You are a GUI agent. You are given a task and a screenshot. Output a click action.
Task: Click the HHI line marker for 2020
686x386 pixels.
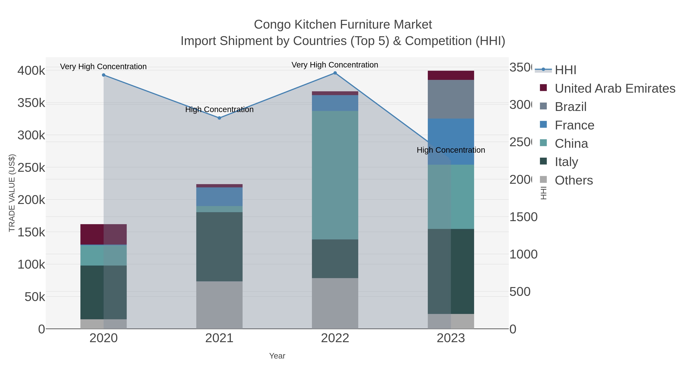[104, 75]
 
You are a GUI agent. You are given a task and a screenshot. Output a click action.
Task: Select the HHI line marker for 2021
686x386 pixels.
[220, 118]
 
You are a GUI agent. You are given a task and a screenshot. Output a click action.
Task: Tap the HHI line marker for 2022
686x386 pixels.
[335, 73]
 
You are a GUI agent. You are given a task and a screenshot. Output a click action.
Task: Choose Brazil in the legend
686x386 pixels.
[570, 107]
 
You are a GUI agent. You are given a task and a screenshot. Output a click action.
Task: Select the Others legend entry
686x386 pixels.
[574, 180]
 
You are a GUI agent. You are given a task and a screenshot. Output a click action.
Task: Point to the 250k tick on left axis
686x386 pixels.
[31, 168]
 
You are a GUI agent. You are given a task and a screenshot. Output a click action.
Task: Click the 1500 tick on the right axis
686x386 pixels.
[523, 217]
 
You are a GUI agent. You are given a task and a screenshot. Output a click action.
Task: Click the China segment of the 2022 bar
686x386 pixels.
[335, 175]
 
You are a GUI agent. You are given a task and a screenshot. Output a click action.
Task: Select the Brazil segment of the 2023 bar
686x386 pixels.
[451, 99]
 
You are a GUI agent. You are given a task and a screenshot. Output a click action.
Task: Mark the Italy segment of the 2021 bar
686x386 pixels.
[220, 247]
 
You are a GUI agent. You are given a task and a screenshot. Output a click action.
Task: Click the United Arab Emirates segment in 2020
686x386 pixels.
[104, 234]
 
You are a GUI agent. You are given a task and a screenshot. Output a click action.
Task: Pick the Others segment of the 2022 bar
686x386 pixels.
[335, 303]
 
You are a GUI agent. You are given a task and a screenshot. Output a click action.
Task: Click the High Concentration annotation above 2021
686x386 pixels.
[220, 109]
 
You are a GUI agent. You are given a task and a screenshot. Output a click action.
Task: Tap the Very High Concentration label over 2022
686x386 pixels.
[335, 65]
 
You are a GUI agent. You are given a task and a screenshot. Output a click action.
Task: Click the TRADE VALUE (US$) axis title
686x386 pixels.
[12, 193]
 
